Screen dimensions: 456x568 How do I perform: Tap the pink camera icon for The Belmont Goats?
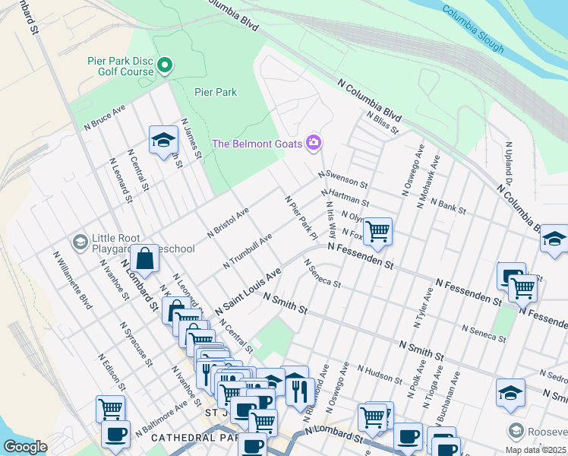[x=313, y=143]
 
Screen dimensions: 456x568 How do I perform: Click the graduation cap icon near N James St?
[x=163, y=140]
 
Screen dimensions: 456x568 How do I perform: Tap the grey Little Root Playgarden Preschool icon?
[x=79, y=242]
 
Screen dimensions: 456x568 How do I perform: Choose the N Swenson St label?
[x=342, y=179]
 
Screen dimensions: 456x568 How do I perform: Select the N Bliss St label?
[x=382, y=122]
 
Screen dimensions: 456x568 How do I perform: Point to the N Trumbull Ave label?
[x=248, y=252]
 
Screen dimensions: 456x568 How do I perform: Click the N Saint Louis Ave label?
[x=248, y=292]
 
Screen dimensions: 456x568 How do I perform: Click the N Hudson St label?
[x=377, y=373]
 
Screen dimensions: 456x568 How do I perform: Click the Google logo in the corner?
[x=25, y=447]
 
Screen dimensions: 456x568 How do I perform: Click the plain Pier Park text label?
[x=216, y=92]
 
